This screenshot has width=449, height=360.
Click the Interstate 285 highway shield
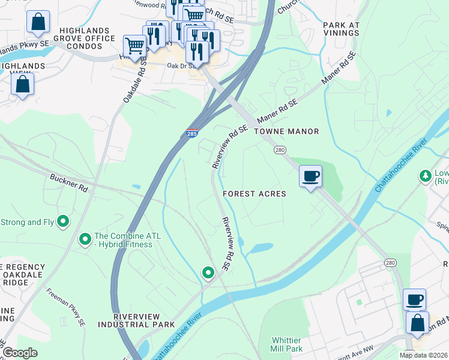pos(192,133)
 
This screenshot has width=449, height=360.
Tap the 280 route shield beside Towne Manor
pos(279,149)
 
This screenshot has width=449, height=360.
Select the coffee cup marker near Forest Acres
pos(310,176)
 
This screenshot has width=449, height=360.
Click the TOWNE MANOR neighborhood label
pos(286,131)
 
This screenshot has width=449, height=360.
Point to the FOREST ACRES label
pos(254,194)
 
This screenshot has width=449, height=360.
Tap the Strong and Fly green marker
pos(62,222)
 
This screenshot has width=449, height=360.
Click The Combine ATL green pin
pos(85,240)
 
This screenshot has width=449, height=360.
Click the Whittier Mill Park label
pos(286,344)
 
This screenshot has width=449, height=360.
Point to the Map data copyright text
pos(424,355)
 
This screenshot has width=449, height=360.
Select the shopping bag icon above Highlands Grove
pos(38,22)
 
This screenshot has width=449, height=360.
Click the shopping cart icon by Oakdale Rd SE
pos(134,44)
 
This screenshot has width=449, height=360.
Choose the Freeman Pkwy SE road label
pos(65,308)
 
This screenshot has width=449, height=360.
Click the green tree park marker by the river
pos(427,176)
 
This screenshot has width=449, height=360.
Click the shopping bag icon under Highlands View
pos(22,85)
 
